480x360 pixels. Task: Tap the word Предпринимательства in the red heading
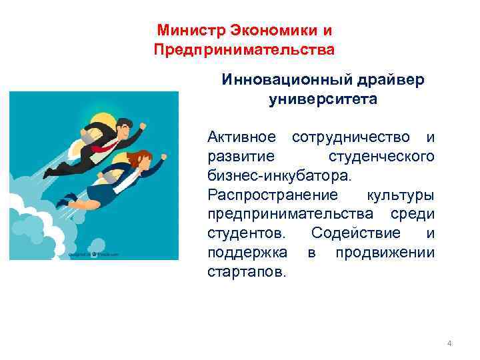243,50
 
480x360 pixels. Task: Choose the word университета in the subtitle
323,99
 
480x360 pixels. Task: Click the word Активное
241,137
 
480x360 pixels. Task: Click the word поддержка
247,253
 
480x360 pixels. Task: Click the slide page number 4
449,343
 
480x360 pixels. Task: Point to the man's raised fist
143,125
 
